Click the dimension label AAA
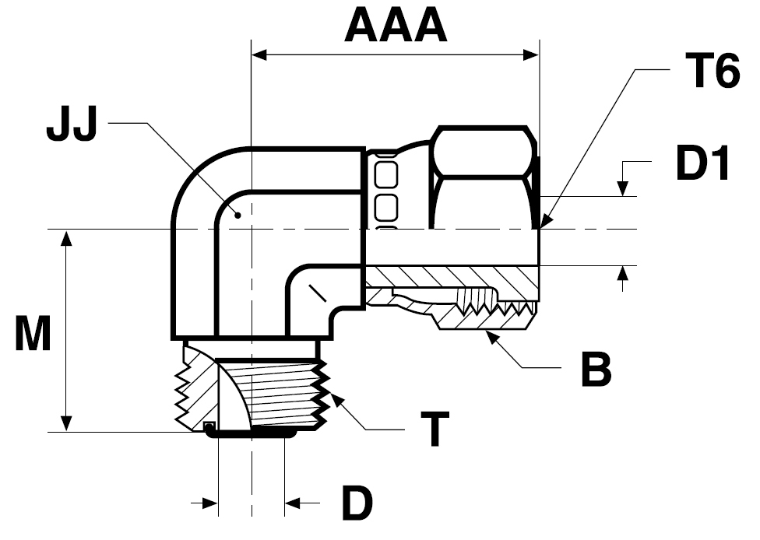(396, 26)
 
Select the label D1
(702, 165)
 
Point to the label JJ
(71, 126)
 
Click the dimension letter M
(33, 335)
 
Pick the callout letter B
(596, 370)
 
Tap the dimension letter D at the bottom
(357, 504)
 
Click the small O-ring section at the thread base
(209, 426)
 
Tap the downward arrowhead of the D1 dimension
(623, 190)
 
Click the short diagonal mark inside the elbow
(316, 294)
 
